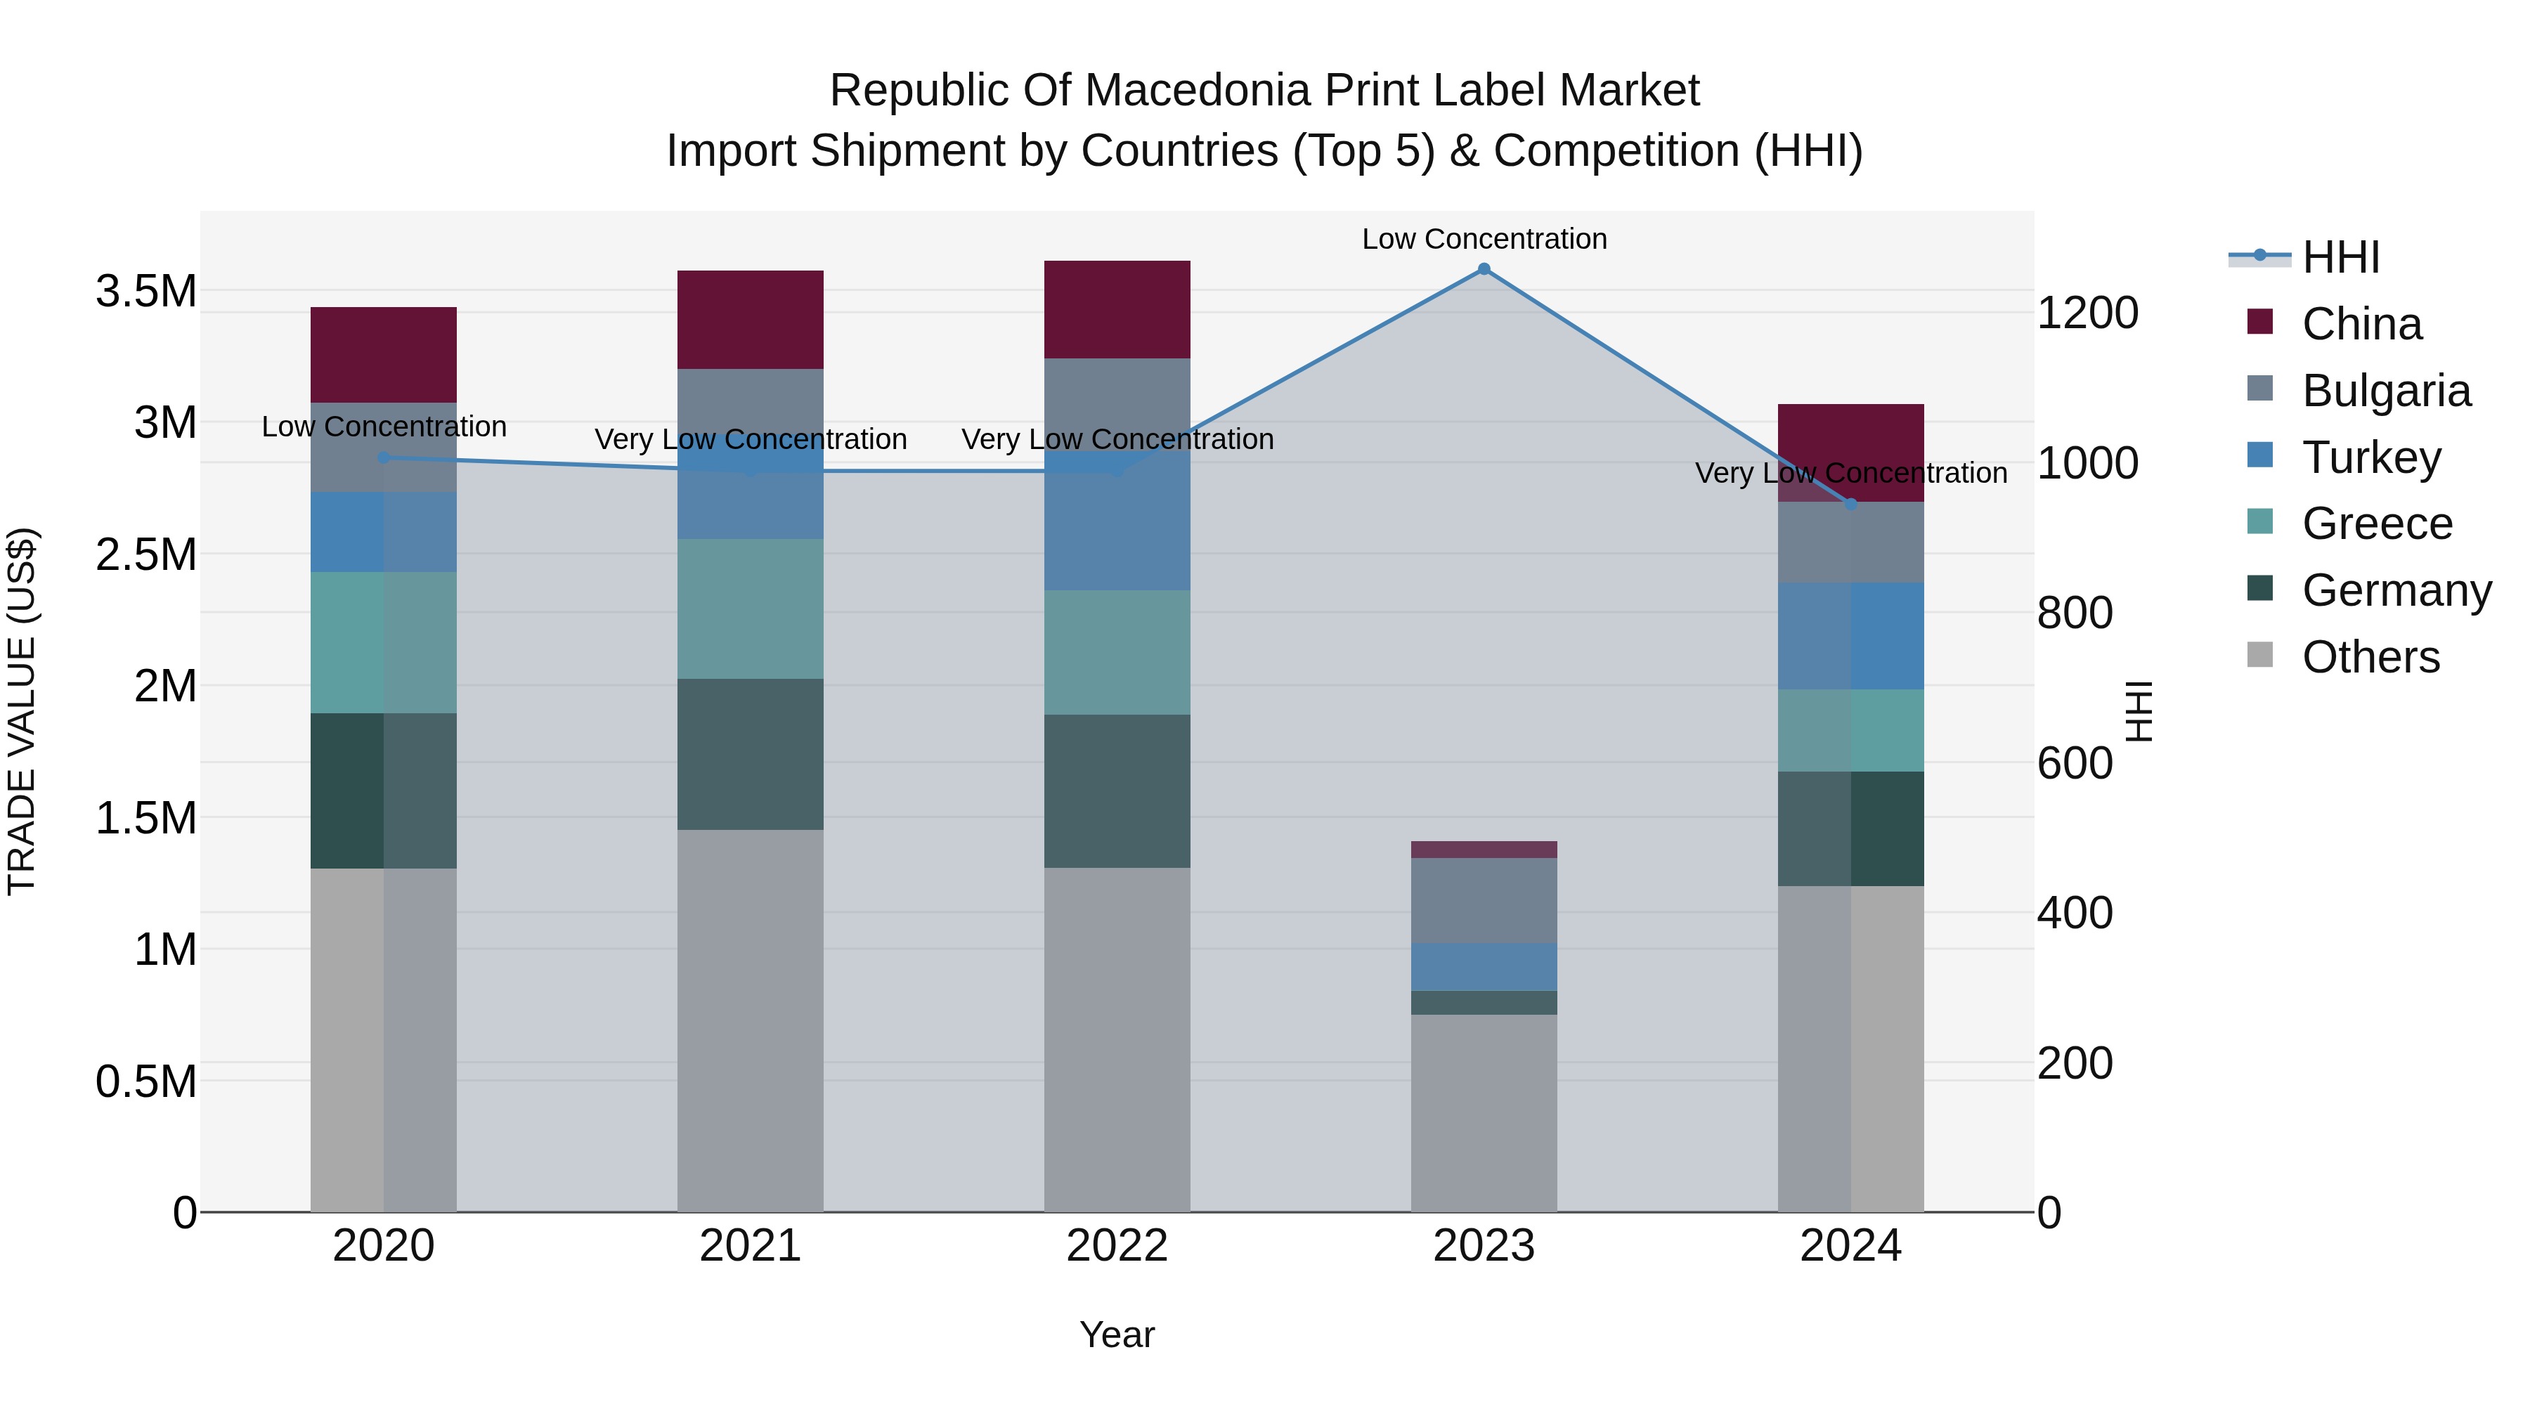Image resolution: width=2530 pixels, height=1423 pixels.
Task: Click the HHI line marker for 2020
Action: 384,457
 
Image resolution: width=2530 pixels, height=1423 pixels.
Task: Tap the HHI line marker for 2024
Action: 1850,504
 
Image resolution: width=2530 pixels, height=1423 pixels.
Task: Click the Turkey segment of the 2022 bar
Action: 1117,521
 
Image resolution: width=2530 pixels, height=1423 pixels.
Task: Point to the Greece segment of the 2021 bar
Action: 751,608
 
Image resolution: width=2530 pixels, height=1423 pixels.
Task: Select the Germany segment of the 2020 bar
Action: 384,791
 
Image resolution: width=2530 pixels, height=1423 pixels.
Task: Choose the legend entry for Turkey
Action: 2371,457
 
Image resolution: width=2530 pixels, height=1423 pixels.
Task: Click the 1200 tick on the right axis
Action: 2087,313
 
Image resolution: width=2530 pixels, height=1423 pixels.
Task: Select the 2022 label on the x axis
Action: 1117,1246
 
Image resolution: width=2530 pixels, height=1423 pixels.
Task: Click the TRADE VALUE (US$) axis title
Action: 22,711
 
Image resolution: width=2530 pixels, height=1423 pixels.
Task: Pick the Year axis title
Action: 1117,1334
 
